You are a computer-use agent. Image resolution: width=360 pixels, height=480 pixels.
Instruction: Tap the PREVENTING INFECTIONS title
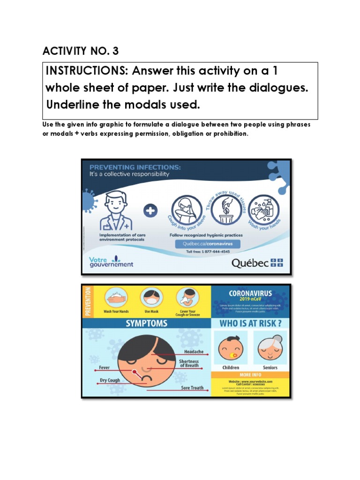(135, 167)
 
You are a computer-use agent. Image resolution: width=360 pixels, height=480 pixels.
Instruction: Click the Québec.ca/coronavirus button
(207, 244)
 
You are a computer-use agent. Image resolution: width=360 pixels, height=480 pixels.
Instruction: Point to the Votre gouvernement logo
(111, 262)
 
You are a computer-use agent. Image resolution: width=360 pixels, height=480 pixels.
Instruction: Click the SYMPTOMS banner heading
(146, 323)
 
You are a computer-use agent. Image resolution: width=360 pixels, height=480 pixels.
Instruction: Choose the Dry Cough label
(110, 381)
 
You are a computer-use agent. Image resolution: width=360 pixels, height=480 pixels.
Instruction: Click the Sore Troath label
(193, 388)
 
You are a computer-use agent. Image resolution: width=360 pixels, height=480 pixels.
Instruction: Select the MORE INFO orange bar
(251, 375)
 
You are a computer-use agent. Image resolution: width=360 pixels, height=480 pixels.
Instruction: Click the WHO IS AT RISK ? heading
(251, 323)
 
